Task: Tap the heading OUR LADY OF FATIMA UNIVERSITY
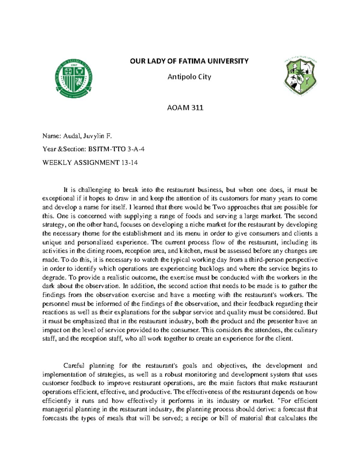pos(189,61)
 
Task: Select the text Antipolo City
pos(189,77)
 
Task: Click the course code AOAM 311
pos(185,108)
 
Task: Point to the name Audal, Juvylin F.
pos(88,136)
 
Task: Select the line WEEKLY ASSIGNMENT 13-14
pos(90,163)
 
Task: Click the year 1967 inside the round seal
pos(74,65)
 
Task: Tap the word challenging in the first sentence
pos(94,190)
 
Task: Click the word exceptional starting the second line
pos(58,199)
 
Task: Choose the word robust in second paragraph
pos(173,374)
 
